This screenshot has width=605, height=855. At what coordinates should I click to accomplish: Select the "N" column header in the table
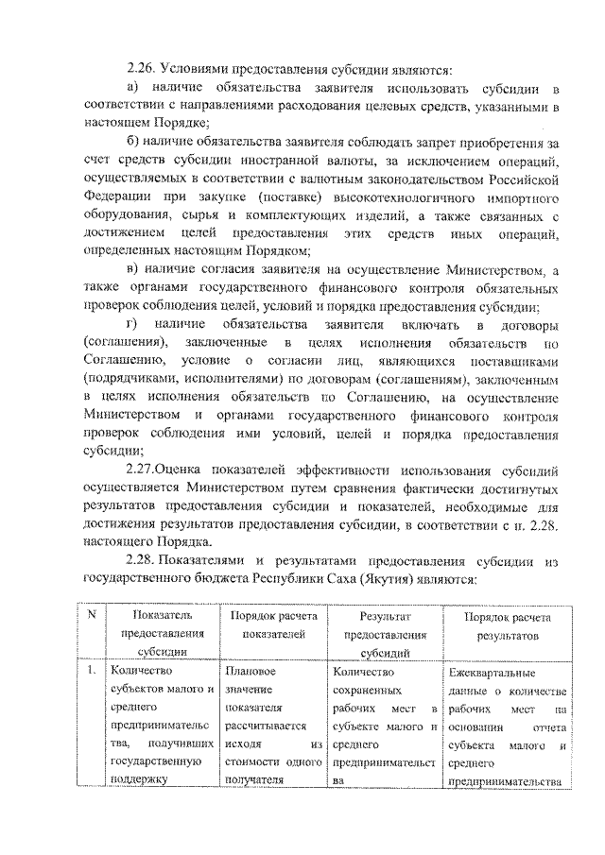pyautogui.click(x=92, y=616)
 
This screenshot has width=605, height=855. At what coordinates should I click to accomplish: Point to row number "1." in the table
pyautogui.click(x=91, y=672)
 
